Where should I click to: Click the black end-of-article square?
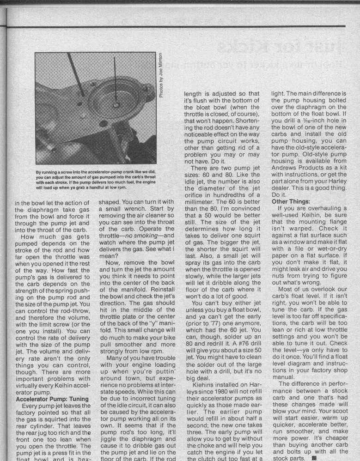pos(315,457)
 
